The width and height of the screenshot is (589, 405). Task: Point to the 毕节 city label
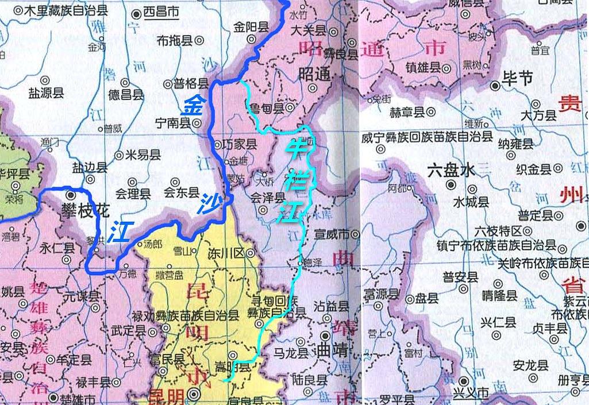(x=517, y=78)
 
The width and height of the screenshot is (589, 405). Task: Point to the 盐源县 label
(x=45, y=92)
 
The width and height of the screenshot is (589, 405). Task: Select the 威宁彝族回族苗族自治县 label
(x=426, y=137)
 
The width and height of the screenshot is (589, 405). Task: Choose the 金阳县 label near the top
(x=251, y=26)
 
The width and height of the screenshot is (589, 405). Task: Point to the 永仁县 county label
(x=57, y=248)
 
